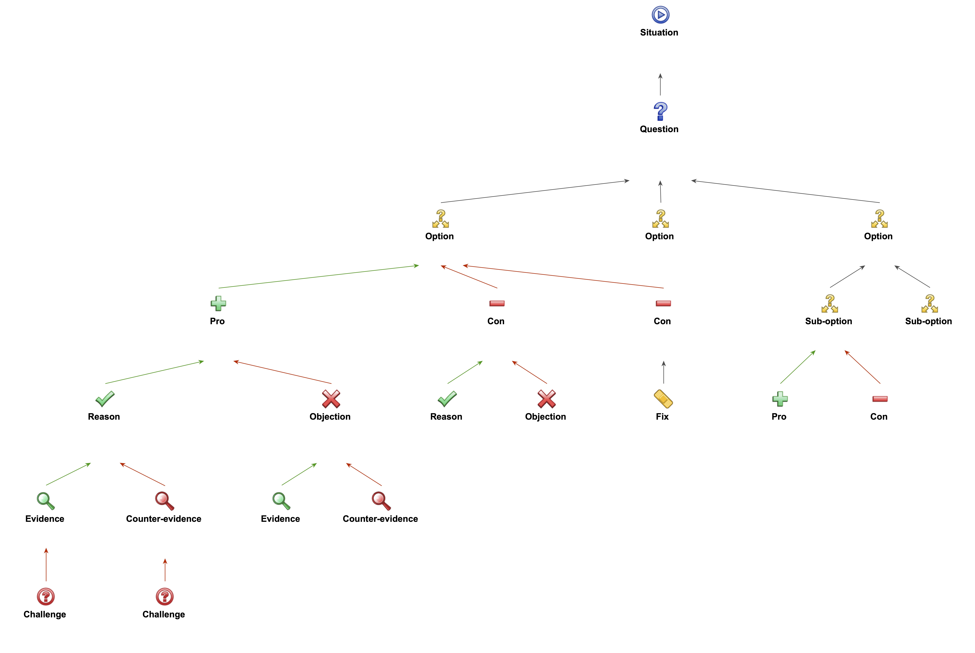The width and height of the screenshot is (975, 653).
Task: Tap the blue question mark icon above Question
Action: click(660, 111)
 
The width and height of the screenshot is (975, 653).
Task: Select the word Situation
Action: click(659, 33)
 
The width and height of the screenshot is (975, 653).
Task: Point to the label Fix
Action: click(662, 416)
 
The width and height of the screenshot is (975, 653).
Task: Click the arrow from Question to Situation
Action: click(660, 85)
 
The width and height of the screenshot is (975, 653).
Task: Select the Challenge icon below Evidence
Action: click(46, 596)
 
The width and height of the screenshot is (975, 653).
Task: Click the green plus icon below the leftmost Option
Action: click(218, 304)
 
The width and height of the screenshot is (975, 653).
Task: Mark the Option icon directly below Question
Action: click(660, 219)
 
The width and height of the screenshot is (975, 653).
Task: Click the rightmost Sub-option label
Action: click(928, 321)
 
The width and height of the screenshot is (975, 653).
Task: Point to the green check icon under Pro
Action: click(105, 399)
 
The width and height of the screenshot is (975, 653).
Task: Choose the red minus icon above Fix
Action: click(663, 303)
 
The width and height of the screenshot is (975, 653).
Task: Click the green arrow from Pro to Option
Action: click(318, 276)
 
